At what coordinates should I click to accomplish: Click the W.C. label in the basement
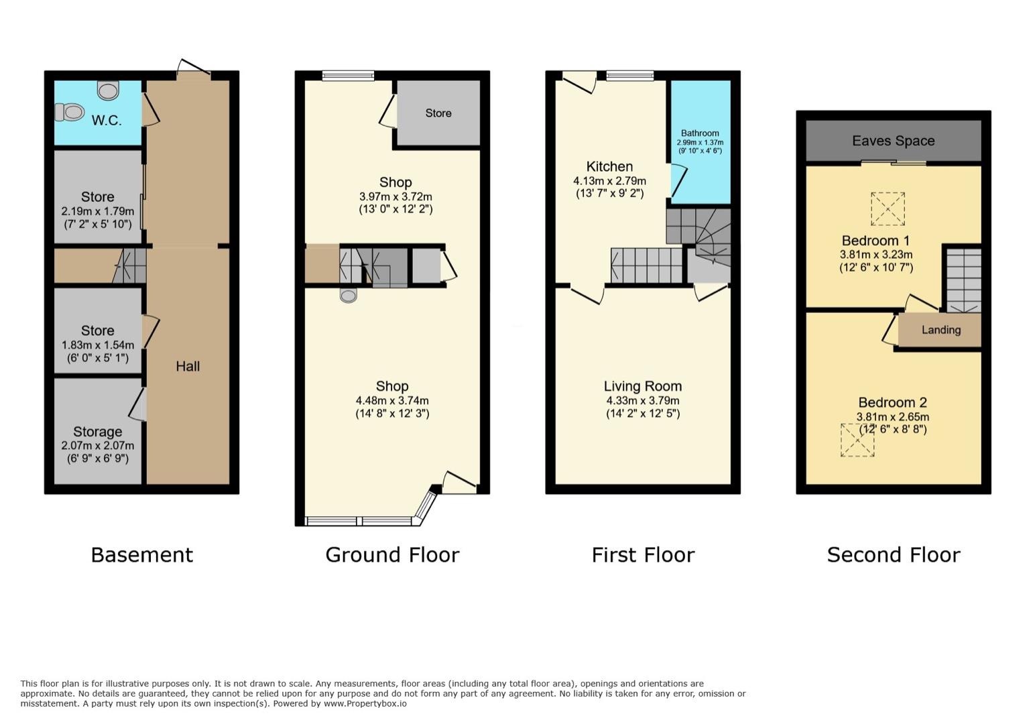point(107,121)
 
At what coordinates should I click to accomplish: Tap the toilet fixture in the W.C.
point(69,112)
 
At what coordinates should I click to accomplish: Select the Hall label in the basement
point(188,366)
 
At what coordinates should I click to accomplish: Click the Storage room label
point(98,432)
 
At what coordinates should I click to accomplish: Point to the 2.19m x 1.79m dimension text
point(98,210)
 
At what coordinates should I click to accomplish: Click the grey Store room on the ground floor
point(438,113)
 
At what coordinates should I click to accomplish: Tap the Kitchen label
point(609,166)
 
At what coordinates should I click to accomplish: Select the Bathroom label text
point(700,133)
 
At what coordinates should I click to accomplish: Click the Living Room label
point(643,386)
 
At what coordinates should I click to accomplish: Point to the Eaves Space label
point(893,141)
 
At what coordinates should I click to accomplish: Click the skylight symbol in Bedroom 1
point(888,208)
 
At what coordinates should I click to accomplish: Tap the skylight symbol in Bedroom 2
point(857,440)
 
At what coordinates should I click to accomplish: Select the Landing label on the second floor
point(940,330)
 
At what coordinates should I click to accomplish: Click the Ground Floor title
point(392,555)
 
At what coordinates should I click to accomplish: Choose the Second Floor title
point(893,555)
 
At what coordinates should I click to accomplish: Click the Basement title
point(141,555)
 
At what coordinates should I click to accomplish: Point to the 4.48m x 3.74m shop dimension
point(392,401)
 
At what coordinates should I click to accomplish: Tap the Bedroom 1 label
point(875,241)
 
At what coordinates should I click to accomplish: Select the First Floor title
point(643,555)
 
